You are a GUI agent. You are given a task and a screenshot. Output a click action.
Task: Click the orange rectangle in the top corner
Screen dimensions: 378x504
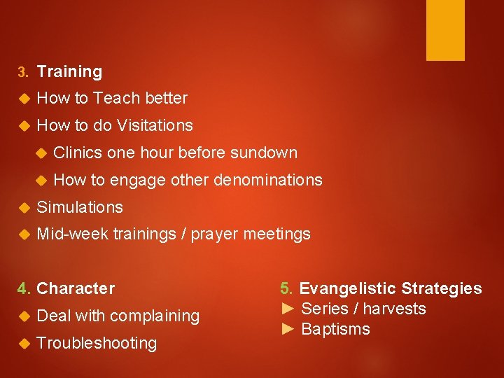(x=445, y=30)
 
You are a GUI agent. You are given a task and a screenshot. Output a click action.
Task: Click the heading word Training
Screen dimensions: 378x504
(x=69, y=71)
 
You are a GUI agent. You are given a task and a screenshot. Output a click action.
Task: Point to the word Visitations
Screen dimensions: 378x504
(x=155, y=126)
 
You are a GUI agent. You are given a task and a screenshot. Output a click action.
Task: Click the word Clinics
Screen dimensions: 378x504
(x=78, y=153)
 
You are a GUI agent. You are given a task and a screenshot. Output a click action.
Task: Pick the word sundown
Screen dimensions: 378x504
(x=264, y=153)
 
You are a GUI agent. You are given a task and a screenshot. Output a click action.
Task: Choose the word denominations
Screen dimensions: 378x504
(x=268, y=180)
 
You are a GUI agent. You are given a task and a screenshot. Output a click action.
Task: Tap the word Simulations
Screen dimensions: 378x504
(x=80, y=207)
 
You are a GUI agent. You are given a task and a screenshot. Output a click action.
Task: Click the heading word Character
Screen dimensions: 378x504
(x=76, y=288)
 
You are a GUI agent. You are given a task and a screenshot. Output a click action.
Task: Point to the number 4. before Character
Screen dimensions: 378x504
(x=24, y=288)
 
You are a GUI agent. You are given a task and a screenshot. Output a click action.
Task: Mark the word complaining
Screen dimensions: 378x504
(x=154, y=316)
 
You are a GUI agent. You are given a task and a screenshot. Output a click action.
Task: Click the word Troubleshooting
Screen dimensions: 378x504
(x=97, y=343)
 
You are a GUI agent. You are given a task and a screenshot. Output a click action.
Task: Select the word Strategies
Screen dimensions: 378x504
(x=441, y=288)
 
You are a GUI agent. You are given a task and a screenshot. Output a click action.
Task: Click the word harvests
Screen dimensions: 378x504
(x=395, y=309)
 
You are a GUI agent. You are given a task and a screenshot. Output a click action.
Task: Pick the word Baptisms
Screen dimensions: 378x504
(x=335, y=329)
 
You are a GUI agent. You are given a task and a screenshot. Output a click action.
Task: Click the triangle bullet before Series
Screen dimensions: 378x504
(x=288, y=309)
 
